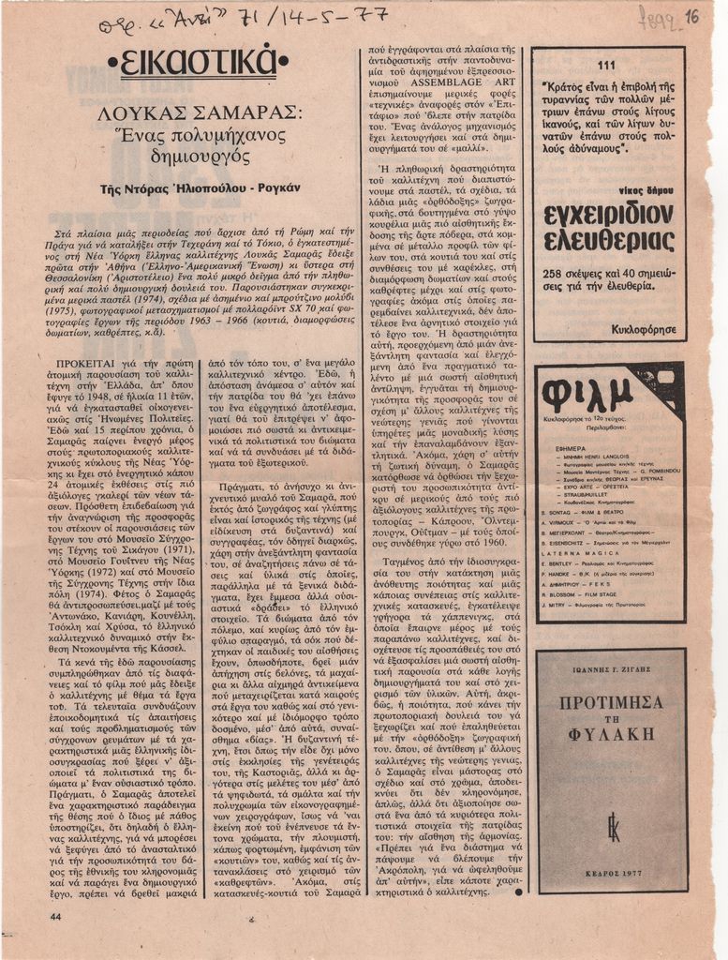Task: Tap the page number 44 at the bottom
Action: pos(55,916)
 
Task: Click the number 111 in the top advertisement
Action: pos(605,65)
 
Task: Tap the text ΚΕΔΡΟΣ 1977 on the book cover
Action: pos(612,871)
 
